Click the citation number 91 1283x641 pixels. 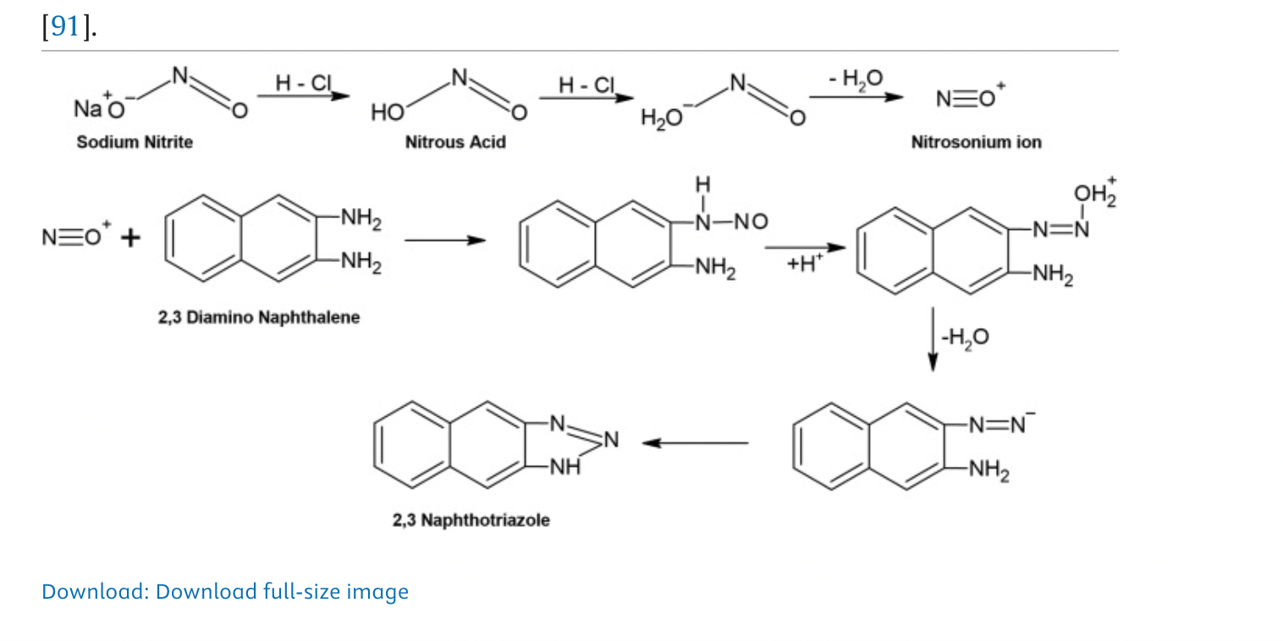click(x=65, y=27)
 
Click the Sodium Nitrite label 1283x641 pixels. click(x=135, y=142)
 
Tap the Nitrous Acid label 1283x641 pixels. click(x=454, y=142)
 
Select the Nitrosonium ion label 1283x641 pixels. click(x=975, y=142)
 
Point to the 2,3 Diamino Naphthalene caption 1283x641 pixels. click(x=258, y=317)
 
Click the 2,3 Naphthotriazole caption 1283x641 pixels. click(x=471, y=519)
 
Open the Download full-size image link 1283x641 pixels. click(x=224, y=591)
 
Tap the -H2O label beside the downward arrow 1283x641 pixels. click(x=964, y=337)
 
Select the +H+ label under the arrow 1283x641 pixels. click(x=803, y=264)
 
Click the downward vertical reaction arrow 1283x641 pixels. click(x=933, y=338)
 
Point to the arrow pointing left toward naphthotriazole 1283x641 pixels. click(x=695, y=442)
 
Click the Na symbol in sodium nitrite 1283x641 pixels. click(x=87, y=109)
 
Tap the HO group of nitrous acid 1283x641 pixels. click(x=386, y=112)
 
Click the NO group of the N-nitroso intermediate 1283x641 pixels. click(x=750, y=222)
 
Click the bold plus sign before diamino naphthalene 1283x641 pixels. click(x=129, y=238)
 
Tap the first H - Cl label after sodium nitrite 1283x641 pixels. click(x=303, y=83)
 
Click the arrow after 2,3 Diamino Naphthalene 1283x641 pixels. click(x=445, y=240)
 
